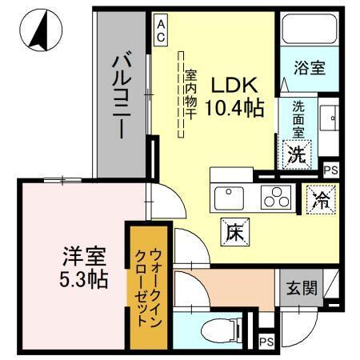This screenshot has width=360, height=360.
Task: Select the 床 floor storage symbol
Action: (x=232, y=232)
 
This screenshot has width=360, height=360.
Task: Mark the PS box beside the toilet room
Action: (x=266, y=342)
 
